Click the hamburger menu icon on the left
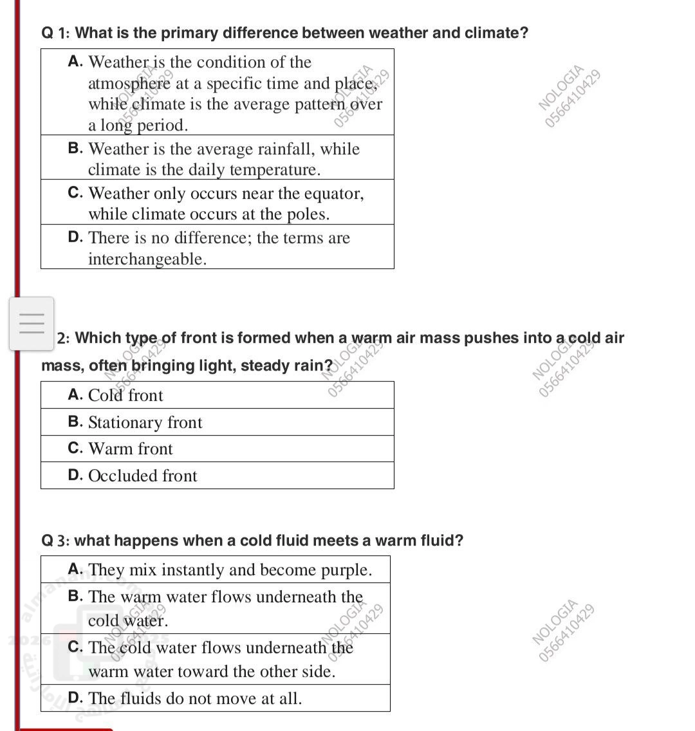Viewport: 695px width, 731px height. (x=32, y=323)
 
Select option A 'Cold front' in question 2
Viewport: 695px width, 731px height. (x=125, y=395)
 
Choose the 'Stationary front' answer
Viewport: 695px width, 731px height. (x=145, y=422)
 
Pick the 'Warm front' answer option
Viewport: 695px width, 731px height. (x=131, y=449)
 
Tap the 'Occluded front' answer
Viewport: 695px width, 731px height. (x=142, y=476)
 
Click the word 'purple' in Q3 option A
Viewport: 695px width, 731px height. (x=345, y=570)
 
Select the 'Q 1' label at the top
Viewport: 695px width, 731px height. (x=55, y=33)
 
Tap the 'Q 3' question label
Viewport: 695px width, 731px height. (x=55, y=541)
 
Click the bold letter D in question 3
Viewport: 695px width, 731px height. (x=75, y=698)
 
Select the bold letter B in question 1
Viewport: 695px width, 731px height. (x=75, y=149)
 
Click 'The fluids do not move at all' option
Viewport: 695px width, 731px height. (x=194, y=698)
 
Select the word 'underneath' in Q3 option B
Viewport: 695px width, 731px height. (x=299, y=597)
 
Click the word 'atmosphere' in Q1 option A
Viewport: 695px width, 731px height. (x=129, y=84)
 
